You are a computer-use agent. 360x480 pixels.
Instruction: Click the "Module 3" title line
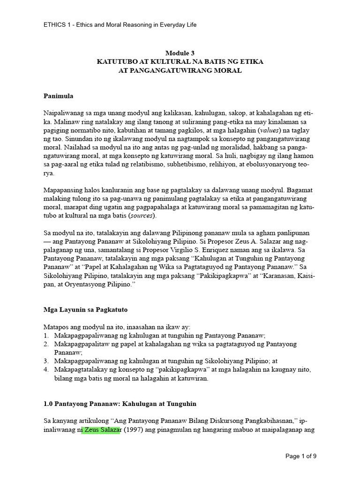pos(180,53)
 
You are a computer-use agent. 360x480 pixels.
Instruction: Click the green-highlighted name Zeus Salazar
pos(101,431)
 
